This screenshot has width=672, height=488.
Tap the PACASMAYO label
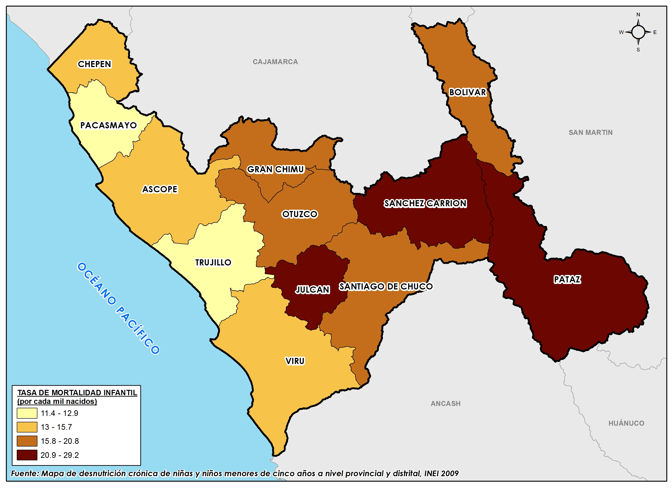pyautogui.click(x=108, y=125)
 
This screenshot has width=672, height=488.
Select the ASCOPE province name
pyautogui.click(x=160, y=189)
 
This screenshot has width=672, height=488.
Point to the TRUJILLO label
pyautogui.click(x=213, y=262)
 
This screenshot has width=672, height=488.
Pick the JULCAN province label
pyautogui.click(x=313, y=289)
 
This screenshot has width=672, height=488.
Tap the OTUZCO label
pyautogui.click(x=299, y=214)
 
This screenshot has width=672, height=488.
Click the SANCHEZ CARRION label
pyautogui.click(x=425, y=203)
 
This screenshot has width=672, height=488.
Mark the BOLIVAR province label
pyautogui.click(x=467, y=92)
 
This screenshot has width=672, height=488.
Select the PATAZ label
pyautogui.click(x=567, y=279)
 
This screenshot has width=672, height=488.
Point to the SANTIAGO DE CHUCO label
pyautogui.click(x=386, y=286)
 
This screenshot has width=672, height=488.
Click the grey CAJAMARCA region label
pyautogui.click(x=275, y=62)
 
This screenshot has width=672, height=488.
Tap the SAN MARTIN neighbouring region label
pyautogui.click(x=590, y=132)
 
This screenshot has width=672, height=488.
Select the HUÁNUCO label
pyautogui.click(x=626, y=423)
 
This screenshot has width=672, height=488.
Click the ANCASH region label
pyautogui.click(x=445, y=403)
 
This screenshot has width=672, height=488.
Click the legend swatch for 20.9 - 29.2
pyautogui.click(x=27, y=455)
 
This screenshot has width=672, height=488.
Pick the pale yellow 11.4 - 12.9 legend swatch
pyautogui.click(x=27, y=413)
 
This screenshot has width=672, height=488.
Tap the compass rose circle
pyautogui.click(x=638, y=32)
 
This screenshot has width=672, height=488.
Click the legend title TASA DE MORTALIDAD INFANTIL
pyautogui.click(x=77, y=393)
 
